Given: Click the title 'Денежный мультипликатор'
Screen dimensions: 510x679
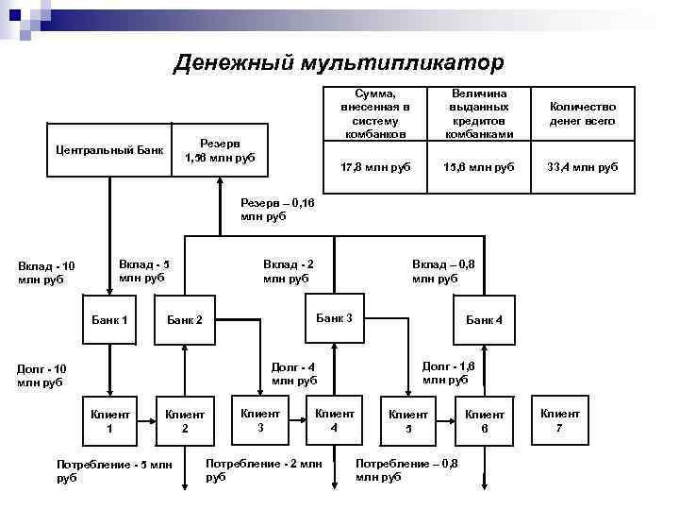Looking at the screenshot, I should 339,62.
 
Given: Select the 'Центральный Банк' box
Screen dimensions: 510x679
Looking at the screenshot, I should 109,150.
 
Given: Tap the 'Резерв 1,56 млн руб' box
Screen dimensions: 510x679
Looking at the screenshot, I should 220,150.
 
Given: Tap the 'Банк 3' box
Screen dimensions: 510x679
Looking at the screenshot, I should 334,318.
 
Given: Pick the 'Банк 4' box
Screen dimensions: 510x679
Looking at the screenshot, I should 485,320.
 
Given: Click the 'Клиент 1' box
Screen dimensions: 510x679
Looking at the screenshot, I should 109,422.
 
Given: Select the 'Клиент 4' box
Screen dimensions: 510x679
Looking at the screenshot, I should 334,420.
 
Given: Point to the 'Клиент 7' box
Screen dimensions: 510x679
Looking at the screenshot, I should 560,420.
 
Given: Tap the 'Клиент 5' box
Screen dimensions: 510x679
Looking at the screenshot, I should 409,422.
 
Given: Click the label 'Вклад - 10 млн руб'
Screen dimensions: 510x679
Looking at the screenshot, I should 46,273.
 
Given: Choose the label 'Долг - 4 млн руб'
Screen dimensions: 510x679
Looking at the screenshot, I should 294,374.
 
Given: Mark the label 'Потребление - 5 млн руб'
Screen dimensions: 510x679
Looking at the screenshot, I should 114,471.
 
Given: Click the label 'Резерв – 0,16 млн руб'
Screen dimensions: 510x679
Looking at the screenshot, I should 277,210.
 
